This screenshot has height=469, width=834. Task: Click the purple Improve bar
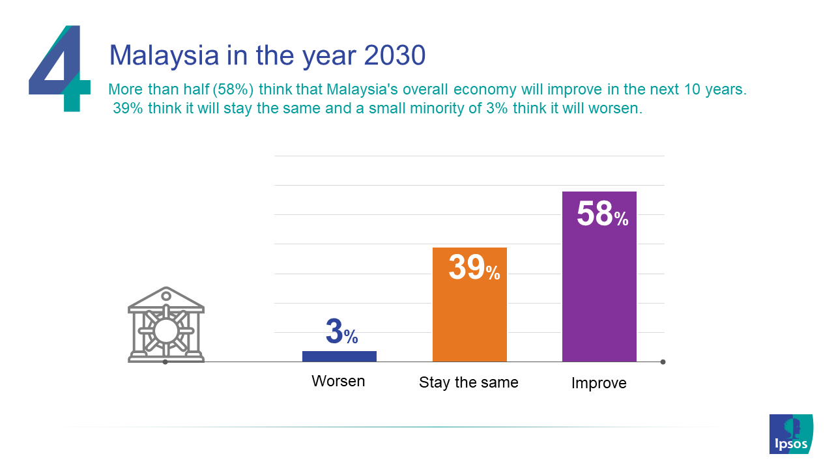599,276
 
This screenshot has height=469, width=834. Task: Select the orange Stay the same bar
470,304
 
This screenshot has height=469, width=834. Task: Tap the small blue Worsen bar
339,356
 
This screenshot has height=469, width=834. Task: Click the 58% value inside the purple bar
603,214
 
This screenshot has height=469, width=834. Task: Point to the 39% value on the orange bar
474,267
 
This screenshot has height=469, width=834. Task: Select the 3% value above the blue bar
342,332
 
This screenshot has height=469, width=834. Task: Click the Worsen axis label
338,381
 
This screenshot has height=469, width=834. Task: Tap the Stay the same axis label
468,382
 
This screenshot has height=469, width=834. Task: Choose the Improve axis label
599,383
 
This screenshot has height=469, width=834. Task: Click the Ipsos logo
791,434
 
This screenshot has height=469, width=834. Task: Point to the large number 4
60,68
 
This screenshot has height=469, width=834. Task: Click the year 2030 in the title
395,55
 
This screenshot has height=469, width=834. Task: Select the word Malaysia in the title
164,56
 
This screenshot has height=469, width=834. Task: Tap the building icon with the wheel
166,324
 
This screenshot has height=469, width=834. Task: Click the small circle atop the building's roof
166,296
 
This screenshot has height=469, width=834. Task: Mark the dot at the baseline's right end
663,362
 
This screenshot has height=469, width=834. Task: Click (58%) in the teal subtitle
233,90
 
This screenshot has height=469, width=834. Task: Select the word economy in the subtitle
485,90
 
